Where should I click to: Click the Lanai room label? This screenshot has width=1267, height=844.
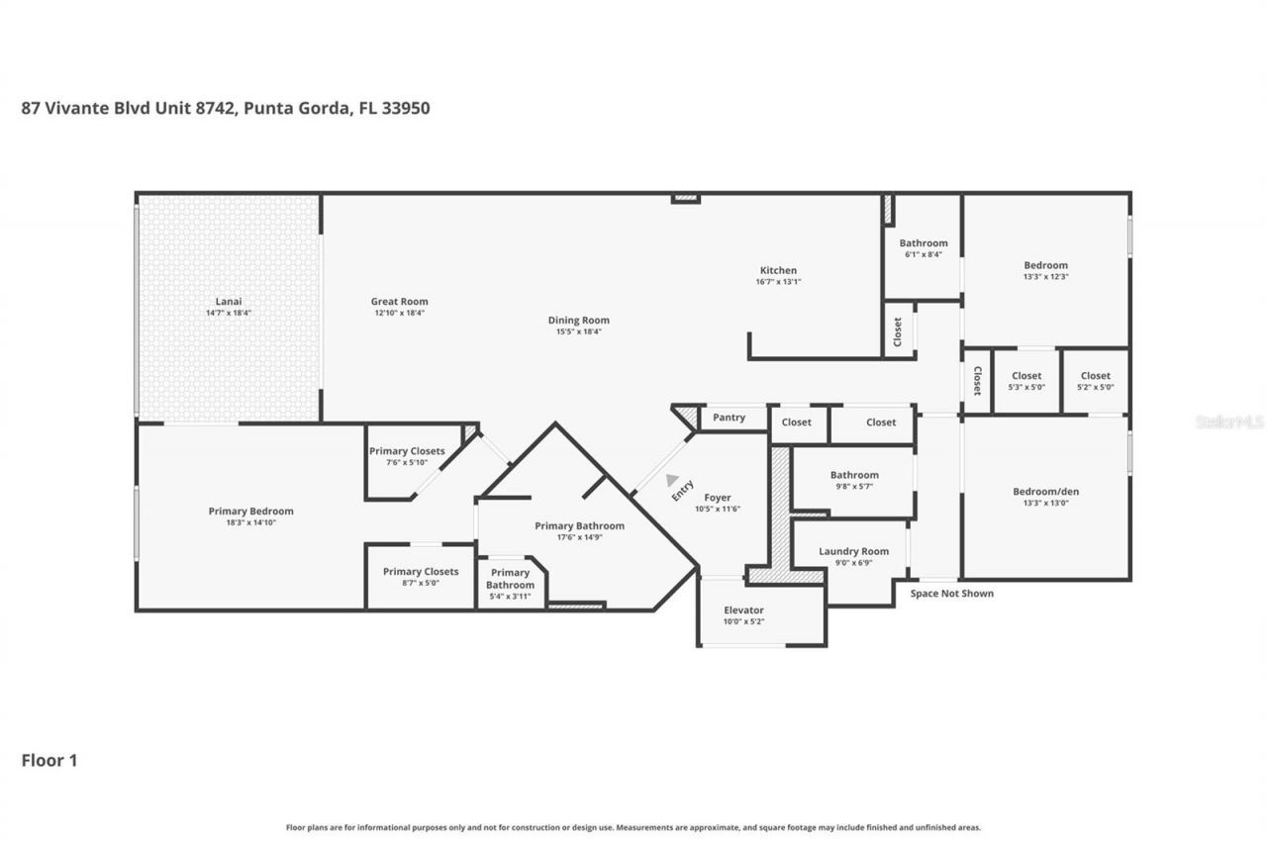tap(230, 302)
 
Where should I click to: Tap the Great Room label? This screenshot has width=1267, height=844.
tap(399, 302)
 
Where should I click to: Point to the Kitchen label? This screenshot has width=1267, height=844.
tap(777, 270)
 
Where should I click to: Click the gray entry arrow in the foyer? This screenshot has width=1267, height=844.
tap(672, 479)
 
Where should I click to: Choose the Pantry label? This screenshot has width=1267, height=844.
tap(729, 418)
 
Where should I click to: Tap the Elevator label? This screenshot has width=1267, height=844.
tap(743, 610)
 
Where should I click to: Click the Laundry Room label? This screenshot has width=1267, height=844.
tap(853, 551)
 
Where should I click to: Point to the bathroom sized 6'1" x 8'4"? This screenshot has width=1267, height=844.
tap(923, 248)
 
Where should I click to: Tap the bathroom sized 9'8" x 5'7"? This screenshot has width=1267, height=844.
tap(853, 480)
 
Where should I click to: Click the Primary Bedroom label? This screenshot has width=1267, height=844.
tap(250, 512)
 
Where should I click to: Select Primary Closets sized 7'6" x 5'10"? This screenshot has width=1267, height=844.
tap(407, 456)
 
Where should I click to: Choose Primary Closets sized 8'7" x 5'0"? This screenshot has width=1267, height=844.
tap(421, 577)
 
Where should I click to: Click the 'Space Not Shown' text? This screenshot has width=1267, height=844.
tap(951, 594)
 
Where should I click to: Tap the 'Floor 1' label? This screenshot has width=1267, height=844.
tap(49, 760)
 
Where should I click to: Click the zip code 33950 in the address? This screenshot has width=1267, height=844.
tap(405, 108)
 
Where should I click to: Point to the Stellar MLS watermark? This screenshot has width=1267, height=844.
tap(1229, 422)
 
